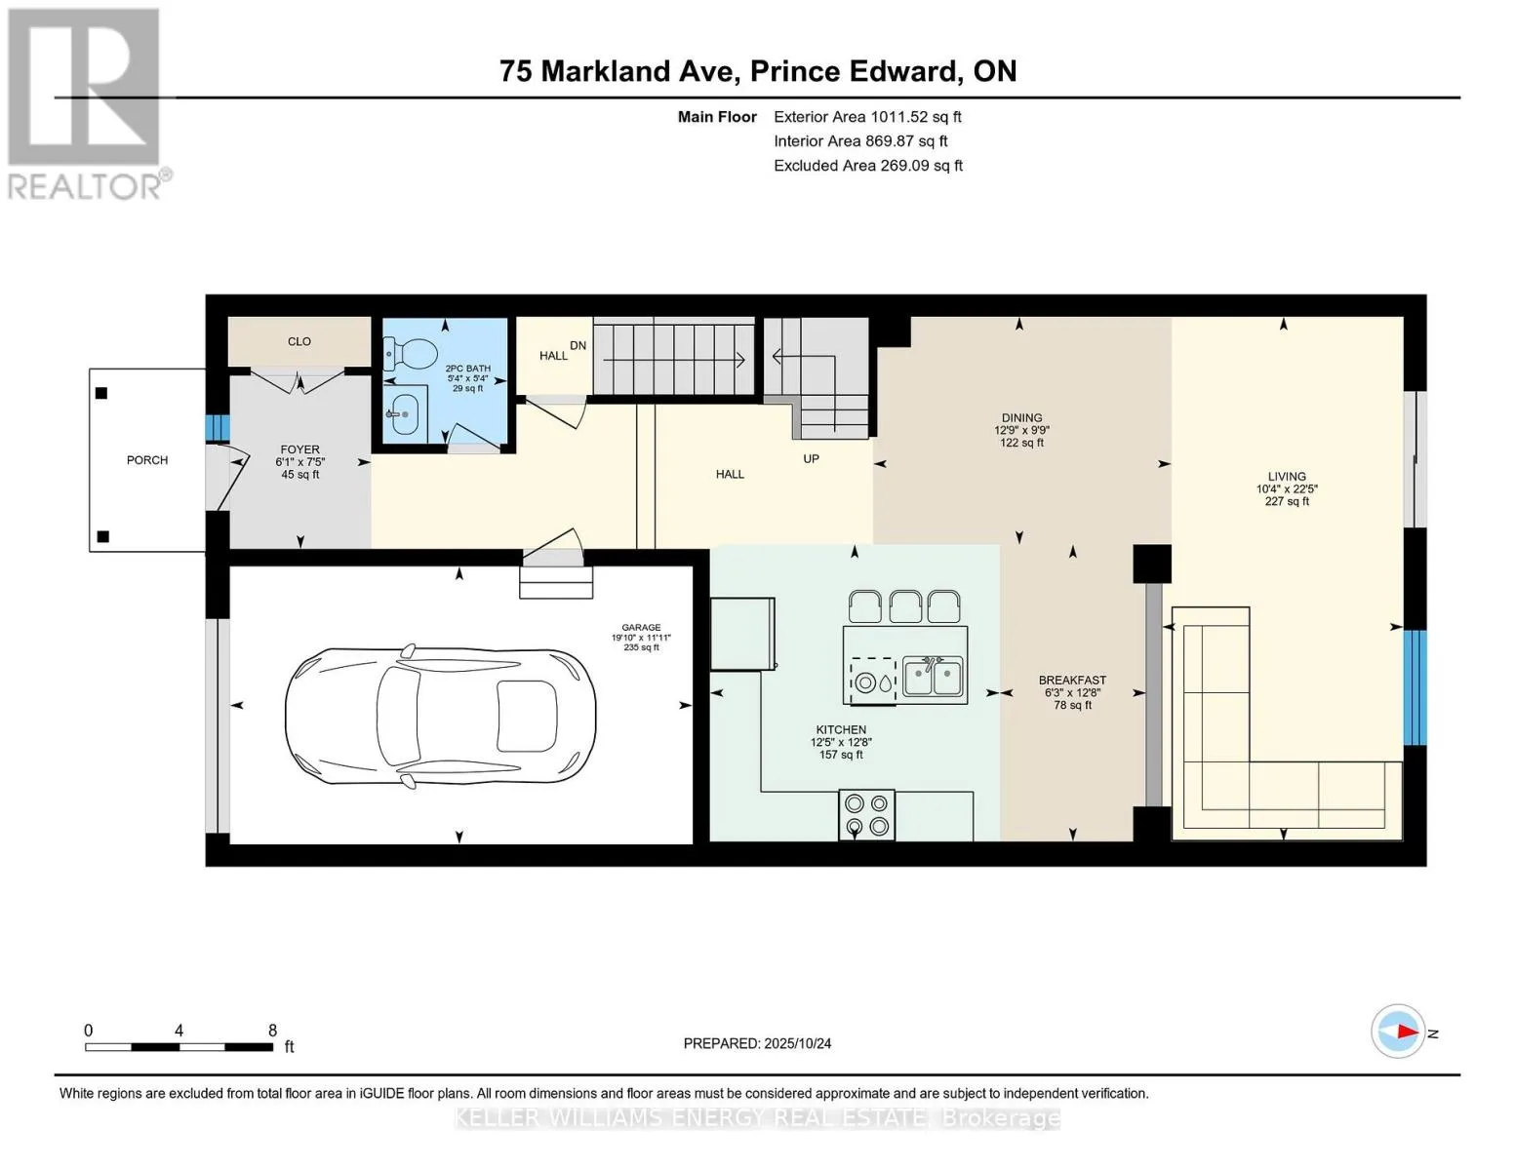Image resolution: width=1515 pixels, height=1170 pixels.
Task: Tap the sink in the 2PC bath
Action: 405,413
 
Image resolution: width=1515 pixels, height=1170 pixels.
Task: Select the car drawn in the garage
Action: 441,717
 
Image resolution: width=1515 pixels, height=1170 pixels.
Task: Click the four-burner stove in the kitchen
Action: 866,814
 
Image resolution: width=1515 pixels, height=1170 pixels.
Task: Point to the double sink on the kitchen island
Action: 934,677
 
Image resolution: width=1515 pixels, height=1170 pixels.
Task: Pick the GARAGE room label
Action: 641,627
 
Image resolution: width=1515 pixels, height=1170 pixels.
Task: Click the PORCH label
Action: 147,460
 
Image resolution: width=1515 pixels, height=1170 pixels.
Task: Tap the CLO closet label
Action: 299,341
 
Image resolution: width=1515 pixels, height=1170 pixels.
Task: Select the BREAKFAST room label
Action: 1072,681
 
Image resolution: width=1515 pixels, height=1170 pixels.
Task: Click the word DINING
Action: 1022,418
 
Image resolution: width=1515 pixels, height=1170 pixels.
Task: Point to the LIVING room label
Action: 1287,477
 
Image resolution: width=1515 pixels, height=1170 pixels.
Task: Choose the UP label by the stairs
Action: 811,458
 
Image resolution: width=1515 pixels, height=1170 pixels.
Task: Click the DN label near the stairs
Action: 578,345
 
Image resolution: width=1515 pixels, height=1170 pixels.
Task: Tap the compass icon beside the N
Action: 1398,1032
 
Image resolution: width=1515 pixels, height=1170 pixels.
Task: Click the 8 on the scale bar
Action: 272,1030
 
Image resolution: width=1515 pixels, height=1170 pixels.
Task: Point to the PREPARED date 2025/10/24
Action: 798,1043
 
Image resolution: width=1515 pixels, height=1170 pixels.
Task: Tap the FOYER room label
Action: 299,449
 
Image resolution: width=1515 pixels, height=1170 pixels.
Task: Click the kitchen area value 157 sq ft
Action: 841,755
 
